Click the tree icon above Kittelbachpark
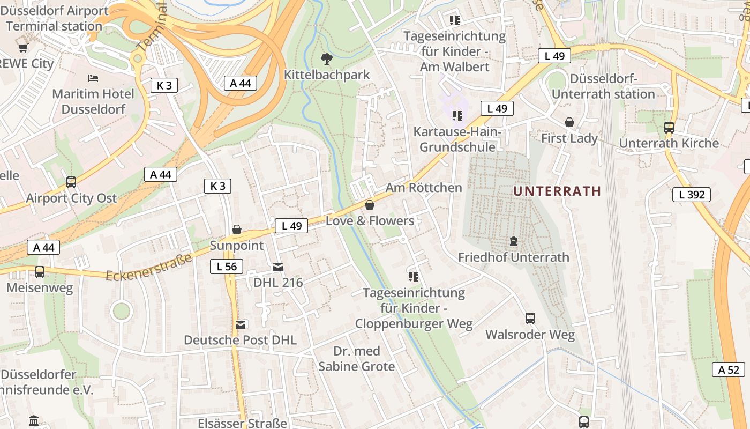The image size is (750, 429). (326, 58)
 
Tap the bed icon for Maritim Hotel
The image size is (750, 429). (93, 78)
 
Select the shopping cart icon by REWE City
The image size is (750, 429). (23, 48)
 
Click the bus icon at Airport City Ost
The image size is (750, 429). (71, 182)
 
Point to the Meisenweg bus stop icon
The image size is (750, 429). (40, 272)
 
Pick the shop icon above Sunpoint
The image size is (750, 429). (236, 230)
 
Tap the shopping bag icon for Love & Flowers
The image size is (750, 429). (369, 205)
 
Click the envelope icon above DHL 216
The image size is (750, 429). (277, 267)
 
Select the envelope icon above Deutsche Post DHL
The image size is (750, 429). (241, 324)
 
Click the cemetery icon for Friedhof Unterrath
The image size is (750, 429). (514, 241)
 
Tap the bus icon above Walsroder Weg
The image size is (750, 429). (530, 319)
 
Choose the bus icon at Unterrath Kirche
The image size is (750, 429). (669, 127)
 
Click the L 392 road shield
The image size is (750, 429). (691, 195)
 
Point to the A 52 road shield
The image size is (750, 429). (728, 369)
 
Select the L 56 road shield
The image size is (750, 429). (226, 267)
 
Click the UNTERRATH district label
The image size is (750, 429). (557, 191)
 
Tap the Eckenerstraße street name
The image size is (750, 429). (149, 268)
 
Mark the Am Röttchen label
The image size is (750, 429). (423, 188)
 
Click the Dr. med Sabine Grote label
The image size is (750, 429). (356, 359)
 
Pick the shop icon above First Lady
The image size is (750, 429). (569, 122)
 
